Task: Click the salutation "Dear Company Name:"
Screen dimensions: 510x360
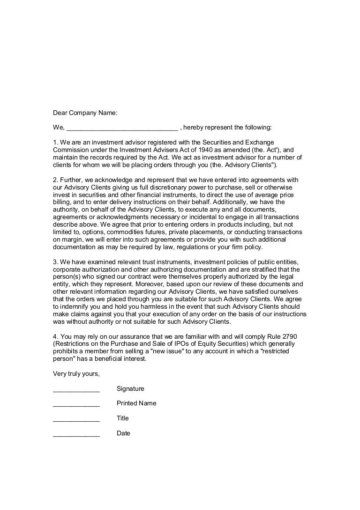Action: pyautogui.click(x=85, y=113)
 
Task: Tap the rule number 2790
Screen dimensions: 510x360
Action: pyautogui.click(x=289, y=336)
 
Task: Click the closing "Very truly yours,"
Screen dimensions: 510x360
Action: pyautogui.click(x=76, y=374)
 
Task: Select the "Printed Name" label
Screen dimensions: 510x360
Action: pyautogui.click(x=136, y=403)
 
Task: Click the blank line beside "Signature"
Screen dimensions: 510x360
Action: pyautogui.click(x=76, y=389)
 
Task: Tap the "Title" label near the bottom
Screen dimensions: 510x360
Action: pyautogui.click(x=123, y=419)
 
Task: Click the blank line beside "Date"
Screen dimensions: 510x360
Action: pyautogui.click(x=76, y=434)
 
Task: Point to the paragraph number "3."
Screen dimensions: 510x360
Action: pyautogui.click(x=55, y=262)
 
